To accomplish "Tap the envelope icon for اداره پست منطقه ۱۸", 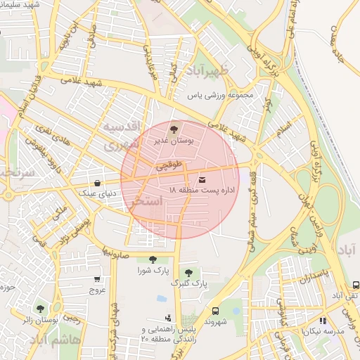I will pyautogui.click(x=202, y=179).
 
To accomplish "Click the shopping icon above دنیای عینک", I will pyautogui.click(x=96, y=183).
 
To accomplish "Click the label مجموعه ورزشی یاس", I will pyautogui.click(x=219, y=94).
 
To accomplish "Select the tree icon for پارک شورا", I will pyautogui.click(x=153, y=260).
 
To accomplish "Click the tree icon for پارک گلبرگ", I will pyautogui.click(x=188, y=273).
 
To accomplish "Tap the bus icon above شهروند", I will pyautogui.click(x=214, y=310).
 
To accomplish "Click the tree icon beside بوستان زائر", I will pyautogui.click(x=40, y=309).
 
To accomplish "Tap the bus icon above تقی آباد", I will pyautogui.click(x=356, y=285).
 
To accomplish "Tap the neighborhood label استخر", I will pyautogui.click(x=148, y=202).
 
